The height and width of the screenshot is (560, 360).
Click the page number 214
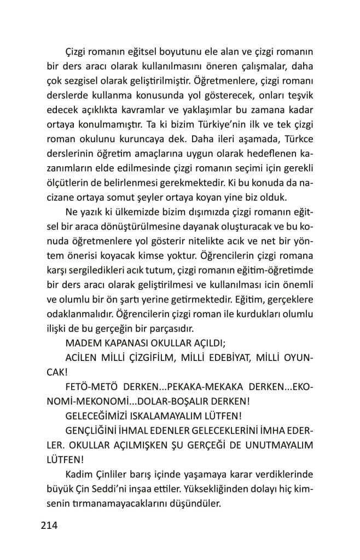(49, 526)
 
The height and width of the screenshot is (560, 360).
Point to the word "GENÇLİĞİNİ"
(94, 428)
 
